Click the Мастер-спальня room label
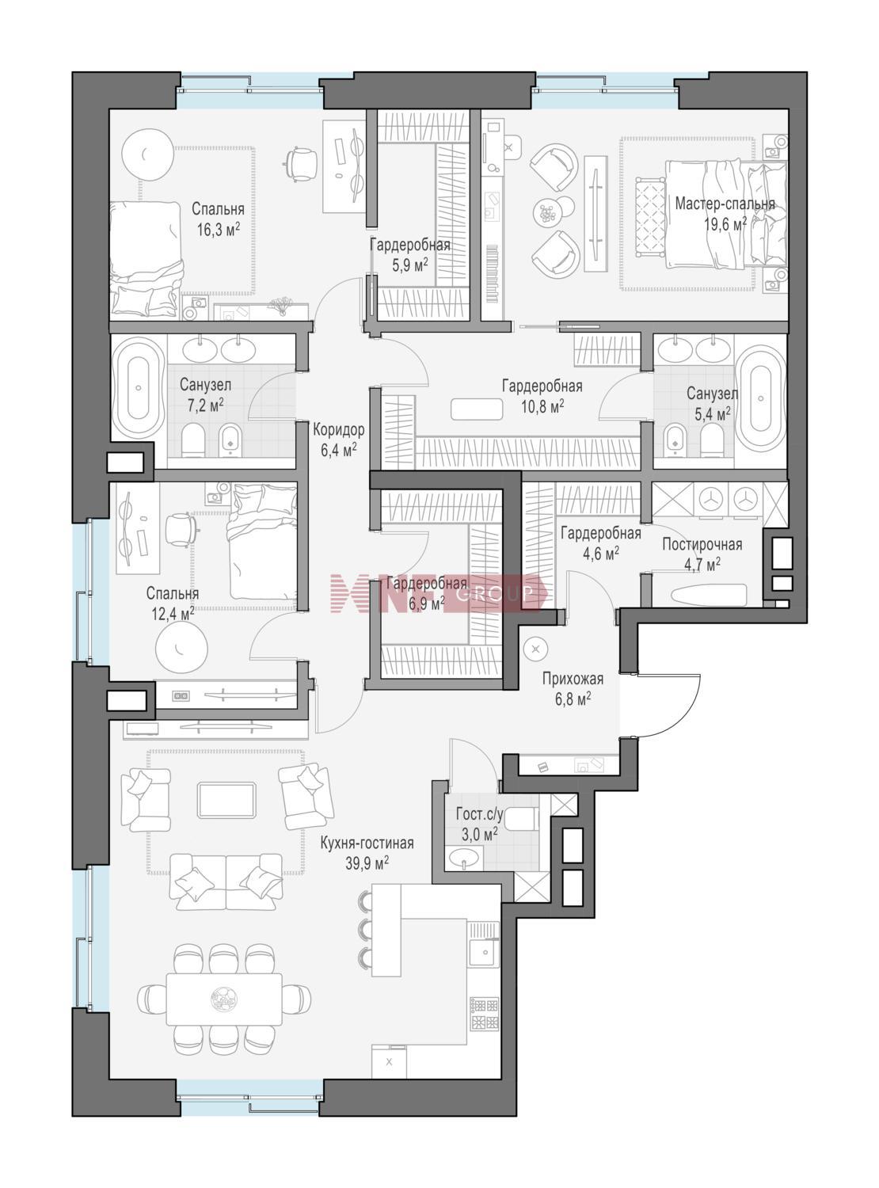coord(725,204)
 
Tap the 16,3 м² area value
coord(218,230)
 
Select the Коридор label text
coord(338,429)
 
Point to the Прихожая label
coord(573,680)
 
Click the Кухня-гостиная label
coord(367,843)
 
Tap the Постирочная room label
coord(702,544)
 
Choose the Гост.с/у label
coord(479,815)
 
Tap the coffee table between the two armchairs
coord(226,800)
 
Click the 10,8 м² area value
coord(542,406)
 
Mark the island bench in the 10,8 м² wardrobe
coord(477,409)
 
